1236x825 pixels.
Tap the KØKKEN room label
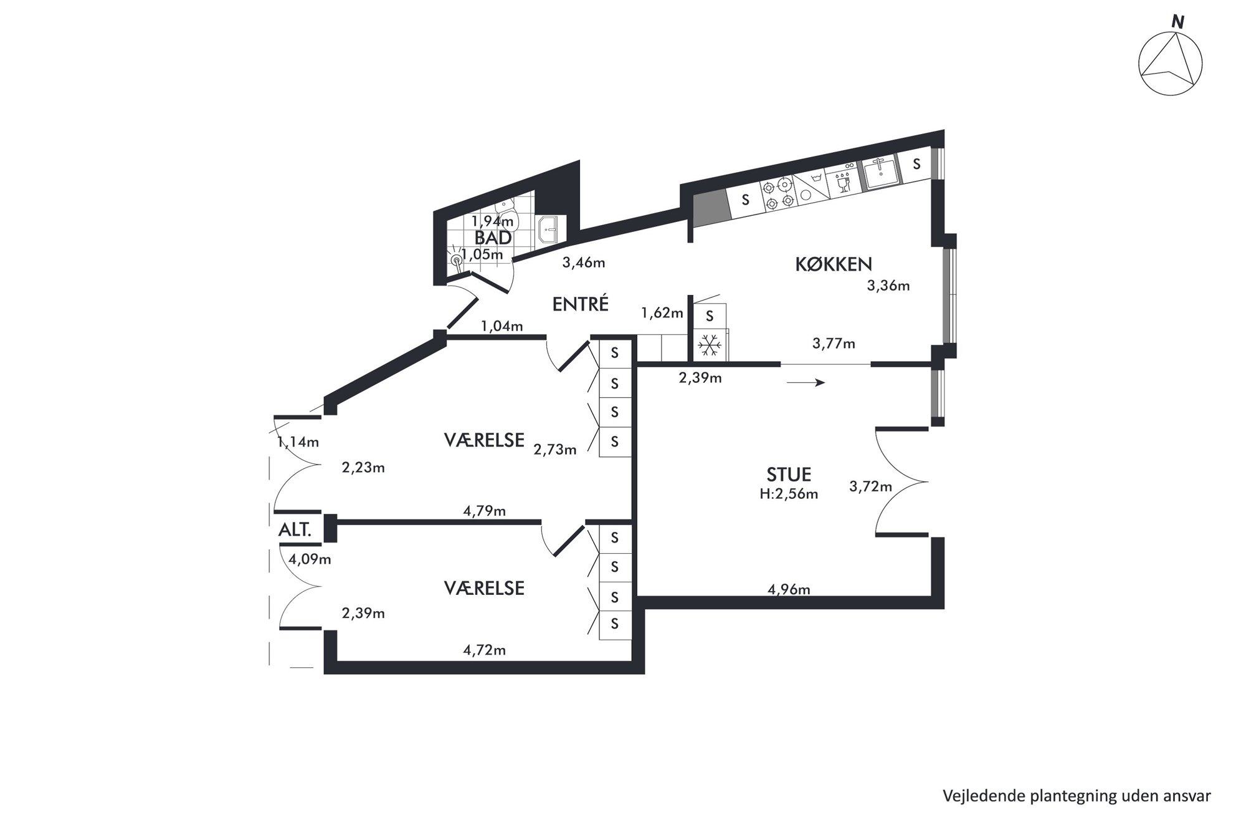[834, 264]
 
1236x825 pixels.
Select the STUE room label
[789, 475]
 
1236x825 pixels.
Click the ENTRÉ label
[581, 304]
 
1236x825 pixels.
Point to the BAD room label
[493, 238]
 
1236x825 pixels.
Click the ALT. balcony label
[295, 531]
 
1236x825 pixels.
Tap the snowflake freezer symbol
[709, 346]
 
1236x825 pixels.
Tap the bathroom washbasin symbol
[549, 229]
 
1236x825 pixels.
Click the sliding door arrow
[806, 382]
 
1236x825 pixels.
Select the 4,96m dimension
[789, 589]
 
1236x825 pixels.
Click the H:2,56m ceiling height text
[789, 495]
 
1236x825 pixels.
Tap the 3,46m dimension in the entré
[584, 263]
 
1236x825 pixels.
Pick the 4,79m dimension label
[484, 511]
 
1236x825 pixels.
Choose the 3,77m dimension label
[834, 343]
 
